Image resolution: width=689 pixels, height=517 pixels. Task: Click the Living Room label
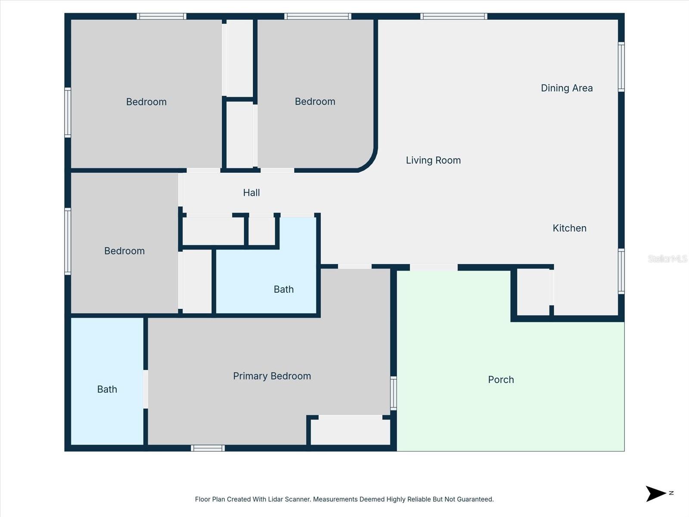point(433,160)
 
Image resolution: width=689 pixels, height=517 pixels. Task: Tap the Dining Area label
point(567,88)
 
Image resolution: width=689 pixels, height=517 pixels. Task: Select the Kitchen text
point(569,228)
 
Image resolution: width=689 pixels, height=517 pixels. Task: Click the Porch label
point(501,380)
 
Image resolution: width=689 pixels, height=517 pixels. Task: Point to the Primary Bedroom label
point(272,376)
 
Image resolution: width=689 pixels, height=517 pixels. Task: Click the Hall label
point(251,193)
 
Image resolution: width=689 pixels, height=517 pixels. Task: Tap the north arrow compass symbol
point(656,494)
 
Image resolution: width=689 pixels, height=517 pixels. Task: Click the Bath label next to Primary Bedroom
point(107,389)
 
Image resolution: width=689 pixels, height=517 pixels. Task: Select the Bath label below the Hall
point(283,290)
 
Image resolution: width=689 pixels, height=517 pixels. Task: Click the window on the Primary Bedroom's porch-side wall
point(393,393)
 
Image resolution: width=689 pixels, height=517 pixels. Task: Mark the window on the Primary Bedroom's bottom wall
point(208,448)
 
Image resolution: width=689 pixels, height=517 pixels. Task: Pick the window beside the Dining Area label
point(621,67)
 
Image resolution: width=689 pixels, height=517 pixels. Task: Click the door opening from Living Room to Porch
point(433,268)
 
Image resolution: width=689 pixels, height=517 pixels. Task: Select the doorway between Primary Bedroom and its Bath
point(146,389)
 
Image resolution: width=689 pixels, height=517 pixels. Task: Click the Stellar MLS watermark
point(667,258)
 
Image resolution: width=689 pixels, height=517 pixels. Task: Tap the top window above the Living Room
point(454,16)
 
